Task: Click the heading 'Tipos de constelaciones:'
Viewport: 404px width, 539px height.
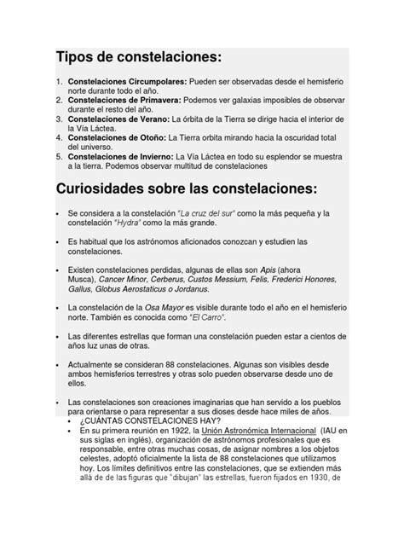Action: pyautogui.click(x=138, y=57)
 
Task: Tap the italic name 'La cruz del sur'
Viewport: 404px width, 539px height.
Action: pyautogui.click(x=194, y=214)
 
